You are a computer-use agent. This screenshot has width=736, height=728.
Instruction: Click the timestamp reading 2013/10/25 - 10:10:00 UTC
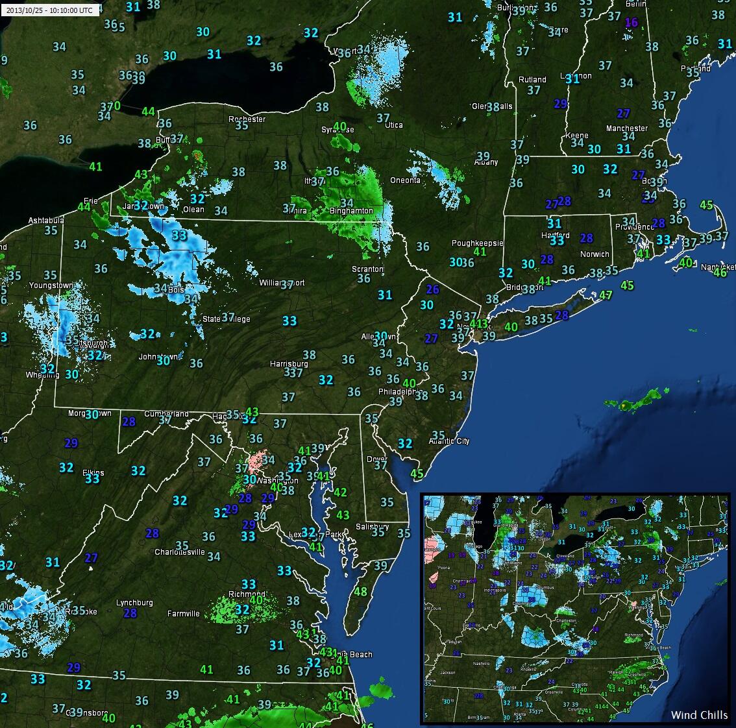(x=50, y=10)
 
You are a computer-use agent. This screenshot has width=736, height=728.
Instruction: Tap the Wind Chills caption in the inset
(x=699, y=714)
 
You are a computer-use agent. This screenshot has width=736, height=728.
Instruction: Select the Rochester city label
(x=247, y=119)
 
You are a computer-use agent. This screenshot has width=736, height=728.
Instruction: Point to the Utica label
(x=393, y=125)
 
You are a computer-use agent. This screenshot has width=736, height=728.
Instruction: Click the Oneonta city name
(x=405, y=180)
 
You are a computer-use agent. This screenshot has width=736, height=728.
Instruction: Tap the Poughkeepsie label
(x=477, y=243)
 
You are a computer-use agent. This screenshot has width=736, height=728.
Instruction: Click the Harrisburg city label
(x=289, y=363)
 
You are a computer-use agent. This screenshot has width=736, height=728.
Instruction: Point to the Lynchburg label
(x=134, y=602)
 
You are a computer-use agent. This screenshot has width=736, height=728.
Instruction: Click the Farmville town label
(x=184, y=613)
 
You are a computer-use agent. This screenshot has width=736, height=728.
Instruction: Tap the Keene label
(x=576, y=136)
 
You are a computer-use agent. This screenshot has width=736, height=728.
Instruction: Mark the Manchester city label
(x=627, y=128)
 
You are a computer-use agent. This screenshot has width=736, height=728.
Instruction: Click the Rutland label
(x=532, y=80)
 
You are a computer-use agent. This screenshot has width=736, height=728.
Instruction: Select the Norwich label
(x=595, y=254)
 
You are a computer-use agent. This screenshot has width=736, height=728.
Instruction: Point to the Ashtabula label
(x=46, y=221)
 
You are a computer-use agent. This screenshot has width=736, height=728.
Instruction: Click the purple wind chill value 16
(x=631, y=22)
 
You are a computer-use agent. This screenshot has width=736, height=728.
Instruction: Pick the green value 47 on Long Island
(x=606, y=295)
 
